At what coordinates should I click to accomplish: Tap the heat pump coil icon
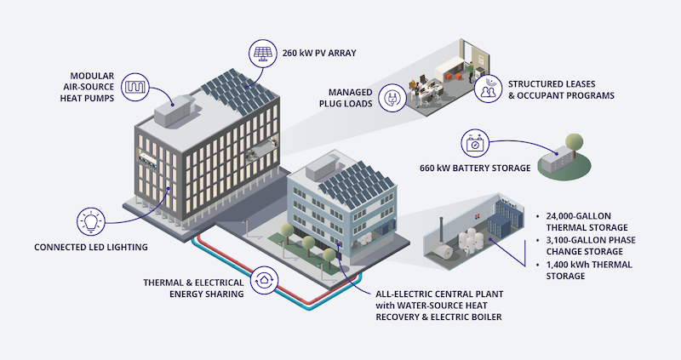(137, 87)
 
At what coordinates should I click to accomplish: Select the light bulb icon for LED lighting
(93, 221)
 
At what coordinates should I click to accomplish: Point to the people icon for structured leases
(489, 91)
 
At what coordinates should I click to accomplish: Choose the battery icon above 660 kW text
(474, 143)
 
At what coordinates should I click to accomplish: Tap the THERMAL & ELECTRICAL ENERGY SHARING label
(193, 288)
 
